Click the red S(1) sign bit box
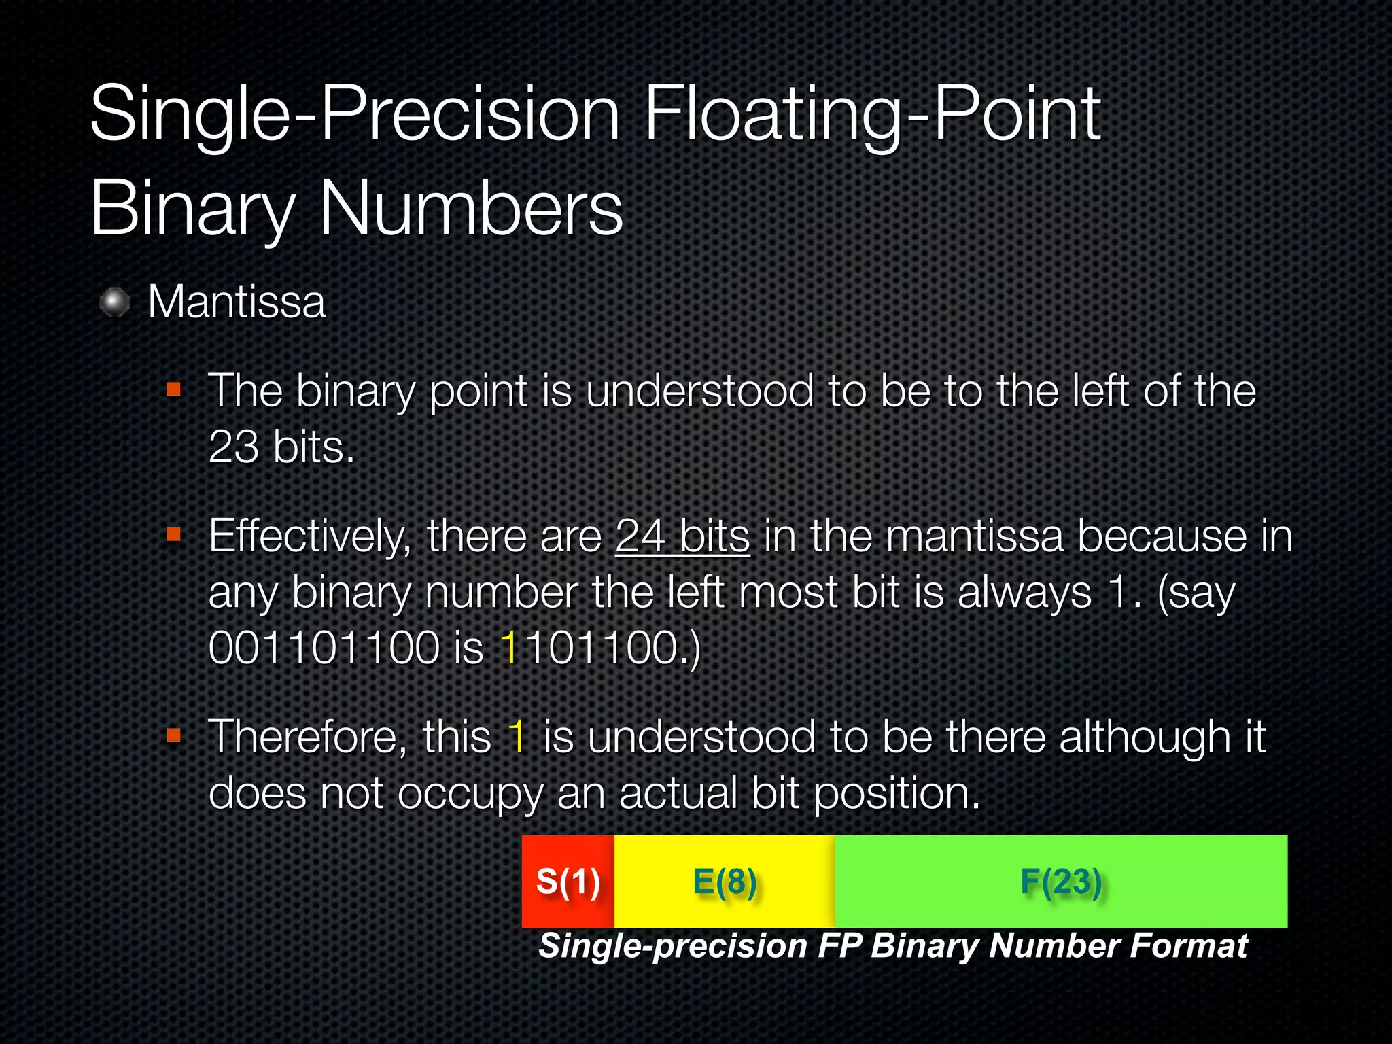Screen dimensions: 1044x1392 coord(568,882)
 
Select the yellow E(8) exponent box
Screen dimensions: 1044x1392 coord(725,882)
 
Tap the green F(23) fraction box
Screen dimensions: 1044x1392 coord(1061,882)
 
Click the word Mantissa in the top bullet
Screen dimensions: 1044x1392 coord(237,302)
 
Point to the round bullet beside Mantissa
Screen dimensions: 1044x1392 coord(115,302)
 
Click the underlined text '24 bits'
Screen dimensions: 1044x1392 coord(682,536)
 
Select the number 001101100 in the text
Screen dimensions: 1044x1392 coord(324,647)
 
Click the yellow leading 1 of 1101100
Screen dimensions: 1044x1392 coord(510,647)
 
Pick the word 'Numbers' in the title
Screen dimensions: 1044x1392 coord(470,208)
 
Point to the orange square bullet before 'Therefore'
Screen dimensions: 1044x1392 coord(174,735)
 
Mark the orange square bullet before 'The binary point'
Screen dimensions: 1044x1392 coord(174,389)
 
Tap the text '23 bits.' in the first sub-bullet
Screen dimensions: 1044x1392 coord(281,447)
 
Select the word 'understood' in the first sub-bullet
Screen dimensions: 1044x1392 coord(699,391)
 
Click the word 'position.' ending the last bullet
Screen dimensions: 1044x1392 coord(897,794)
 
